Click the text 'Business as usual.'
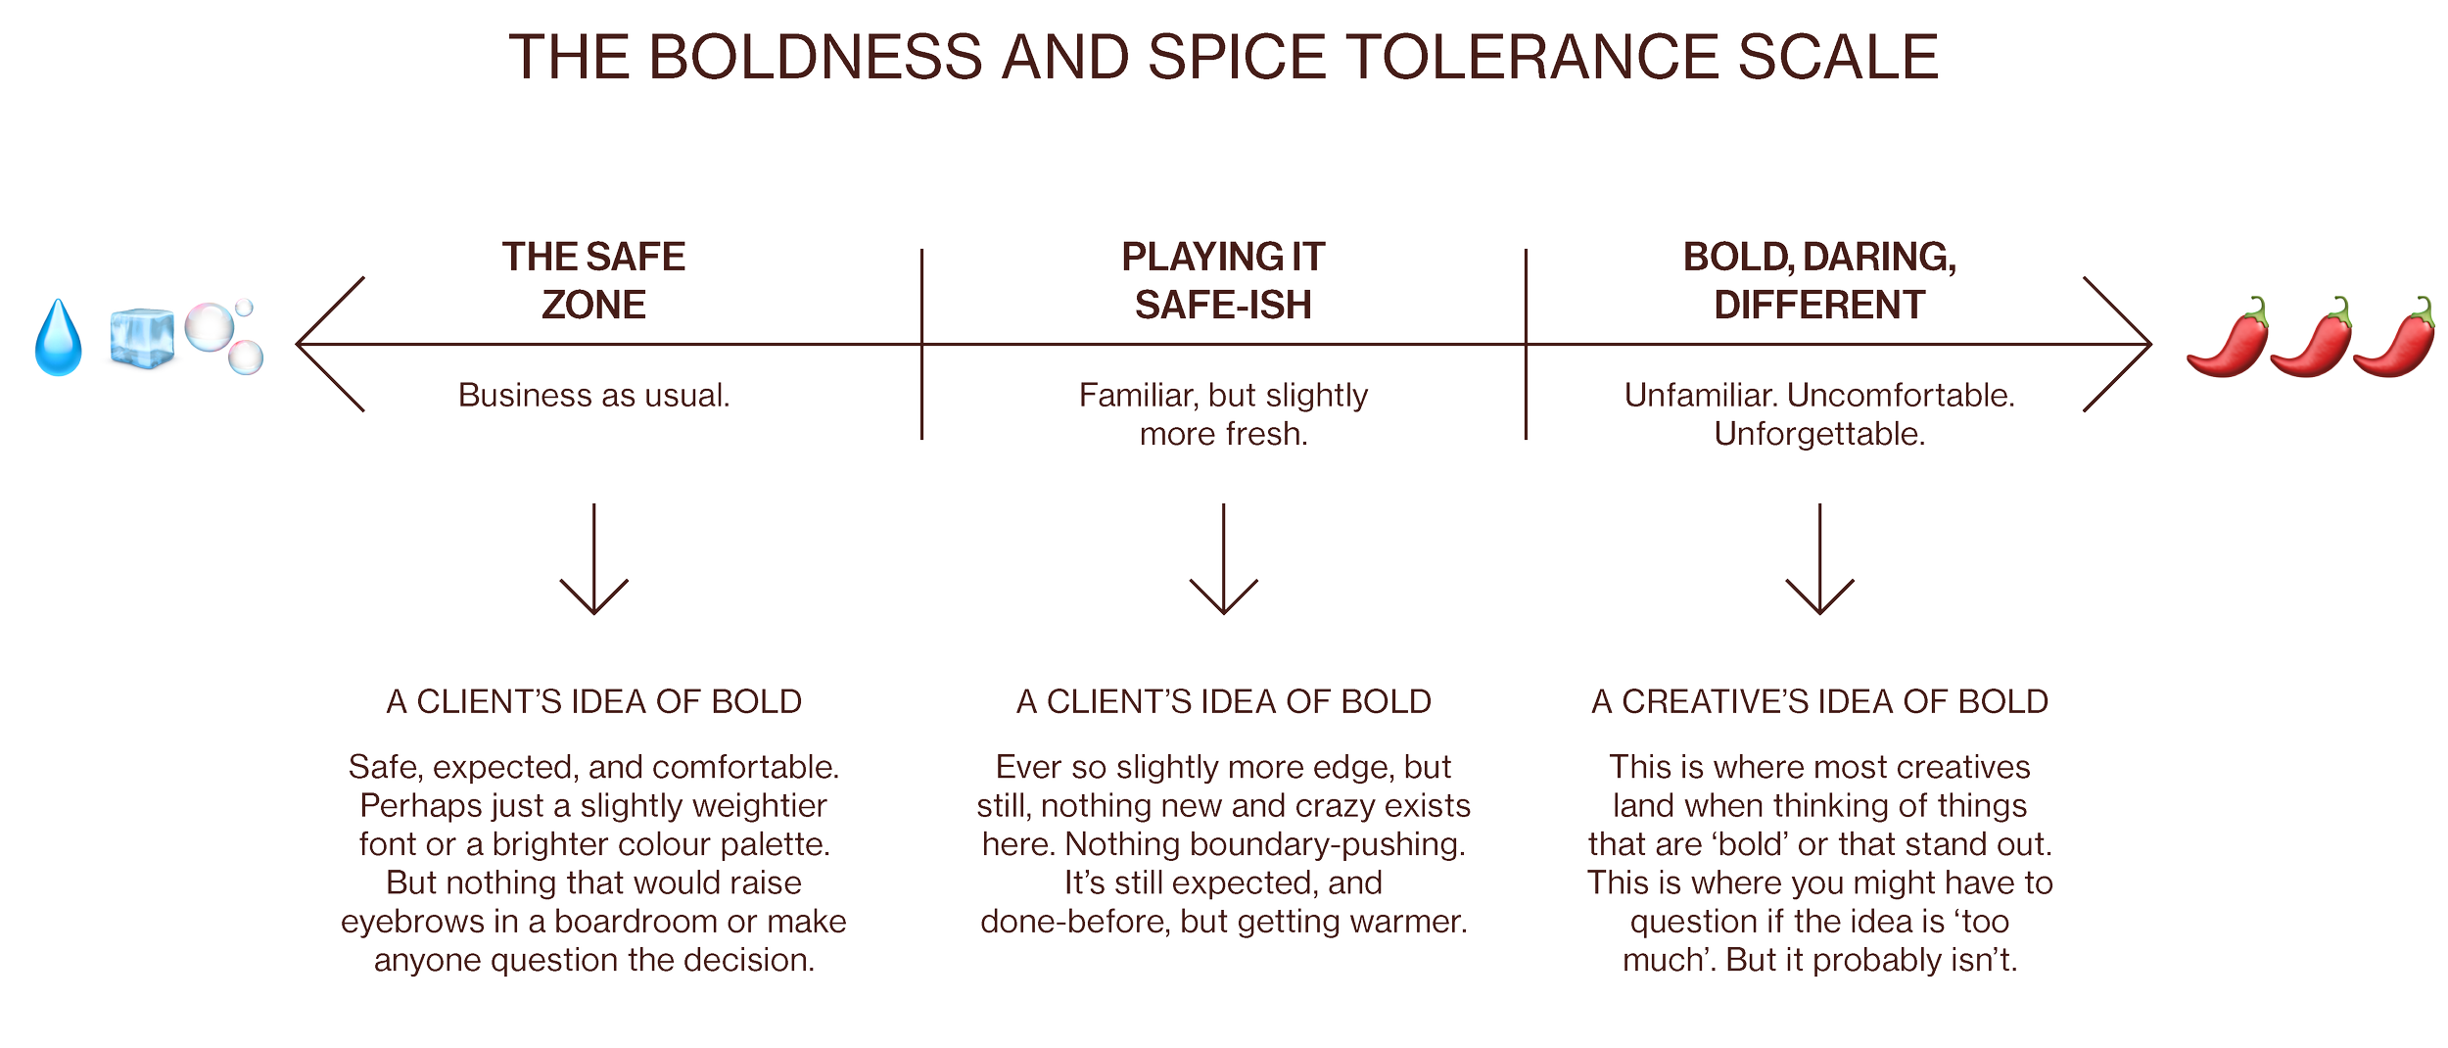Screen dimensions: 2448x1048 click(x=593, y=396)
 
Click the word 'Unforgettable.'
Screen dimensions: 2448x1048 click(x=1819, y=434)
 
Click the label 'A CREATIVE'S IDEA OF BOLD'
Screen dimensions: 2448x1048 click(x=1819, y=701)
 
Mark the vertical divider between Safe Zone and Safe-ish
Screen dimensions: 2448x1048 click(x=921, y=345)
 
